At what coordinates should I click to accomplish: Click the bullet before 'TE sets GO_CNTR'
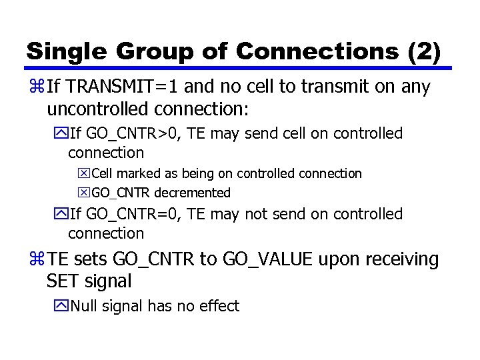(x=36, y=259)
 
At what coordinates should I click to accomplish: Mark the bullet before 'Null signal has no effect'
(x=61, y=307)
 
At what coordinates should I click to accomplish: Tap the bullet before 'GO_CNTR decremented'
(x=84, y=193)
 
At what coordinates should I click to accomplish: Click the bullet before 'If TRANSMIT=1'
(x=36, y=87)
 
